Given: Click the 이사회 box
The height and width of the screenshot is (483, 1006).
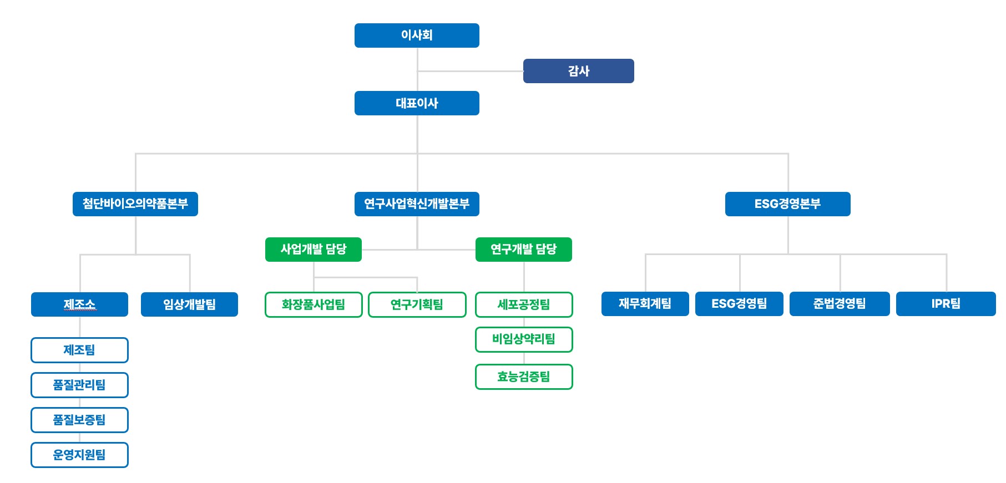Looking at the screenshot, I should (417, 35).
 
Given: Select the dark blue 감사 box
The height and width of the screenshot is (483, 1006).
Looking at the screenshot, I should (578, 71).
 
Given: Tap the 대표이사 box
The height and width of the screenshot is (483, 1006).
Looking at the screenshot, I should (417, 103).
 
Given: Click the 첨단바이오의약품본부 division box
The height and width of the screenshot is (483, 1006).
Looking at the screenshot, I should (135, 204).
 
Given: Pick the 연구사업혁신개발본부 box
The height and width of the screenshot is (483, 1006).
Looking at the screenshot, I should (417, 204).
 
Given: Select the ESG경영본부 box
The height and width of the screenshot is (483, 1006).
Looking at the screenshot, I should (787, 204).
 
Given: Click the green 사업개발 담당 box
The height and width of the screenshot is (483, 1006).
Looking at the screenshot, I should (314, 250).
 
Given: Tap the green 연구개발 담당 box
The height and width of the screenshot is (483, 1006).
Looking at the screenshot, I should (523, 250).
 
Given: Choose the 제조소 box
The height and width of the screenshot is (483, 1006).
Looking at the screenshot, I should (79, 304).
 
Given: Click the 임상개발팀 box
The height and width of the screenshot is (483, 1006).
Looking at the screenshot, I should (189, 304).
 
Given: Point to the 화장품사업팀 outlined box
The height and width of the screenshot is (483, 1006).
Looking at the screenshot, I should (314, 304).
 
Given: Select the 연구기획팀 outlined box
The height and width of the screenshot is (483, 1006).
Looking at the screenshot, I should (417, 304).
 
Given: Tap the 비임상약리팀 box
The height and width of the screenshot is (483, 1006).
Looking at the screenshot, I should (524, 339).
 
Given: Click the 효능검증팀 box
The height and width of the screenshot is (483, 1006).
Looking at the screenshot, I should (524, 377).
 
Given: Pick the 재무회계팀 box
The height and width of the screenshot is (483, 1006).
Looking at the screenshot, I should (645, 304).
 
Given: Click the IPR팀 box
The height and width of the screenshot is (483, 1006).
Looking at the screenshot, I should (946, 304).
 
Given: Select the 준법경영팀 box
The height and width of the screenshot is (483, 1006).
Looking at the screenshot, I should (839, 304).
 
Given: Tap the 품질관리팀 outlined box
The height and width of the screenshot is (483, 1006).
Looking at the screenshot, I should (79, 385).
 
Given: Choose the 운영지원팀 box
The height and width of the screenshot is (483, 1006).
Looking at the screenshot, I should (79, 455).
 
